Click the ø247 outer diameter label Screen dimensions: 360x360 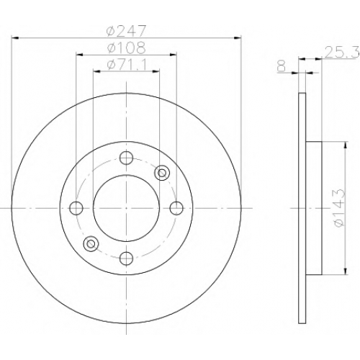(x=126, y=30)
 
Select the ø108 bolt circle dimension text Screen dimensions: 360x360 (x=127, y=48)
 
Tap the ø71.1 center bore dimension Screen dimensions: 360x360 (x=127, y=65)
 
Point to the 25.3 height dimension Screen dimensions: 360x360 (x=341, y=53)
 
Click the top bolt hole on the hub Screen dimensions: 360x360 (x=126, y=158)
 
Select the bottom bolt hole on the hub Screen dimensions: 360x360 (x=126, y=258)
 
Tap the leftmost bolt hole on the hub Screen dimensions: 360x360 (x=76, y=208)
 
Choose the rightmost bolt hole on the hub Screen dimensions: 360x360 (x=176, y=208)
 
